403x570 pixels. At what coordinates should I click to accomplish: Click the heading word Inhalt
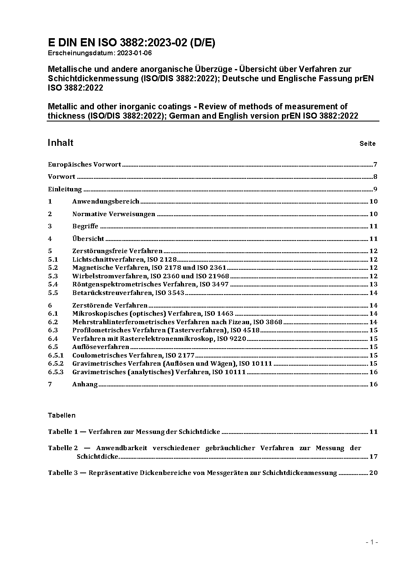61,143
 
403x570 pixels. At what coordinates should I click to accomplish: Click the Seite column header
367,144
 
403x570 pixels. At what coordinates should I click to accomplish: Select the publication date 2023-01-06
135,53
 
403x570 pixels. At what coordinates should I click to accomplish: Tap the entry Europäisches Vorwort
84,165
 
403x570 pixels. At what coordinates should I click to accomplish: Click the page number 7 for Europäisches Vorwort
376,165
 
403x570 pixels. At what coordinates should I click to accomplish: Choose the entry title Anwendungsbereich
106,202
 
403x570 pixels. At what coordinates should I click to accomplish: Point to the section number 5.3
53,276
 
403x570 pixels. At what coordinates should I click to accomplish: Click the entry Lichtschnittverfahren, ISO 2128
124,260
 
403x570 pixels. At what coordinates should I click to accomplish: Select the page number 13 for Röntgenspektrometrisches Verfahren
373,284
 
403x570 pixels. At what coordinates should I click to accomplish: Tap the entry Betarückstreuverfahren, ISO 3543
128,293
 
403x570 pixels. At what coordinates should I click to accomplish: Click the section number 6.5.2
56,364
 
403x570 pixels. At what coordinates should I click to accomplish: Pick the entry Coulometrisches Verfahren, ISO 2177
133,355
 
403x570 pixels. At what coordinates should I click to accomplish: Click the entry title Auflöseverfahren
100,347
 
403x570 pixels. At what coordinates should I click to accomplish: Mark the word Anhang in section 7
85,384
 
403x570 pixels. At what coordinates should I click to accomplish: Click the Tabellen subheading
61,415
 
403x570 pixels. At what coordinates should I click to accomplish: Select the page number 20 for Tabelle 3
373,473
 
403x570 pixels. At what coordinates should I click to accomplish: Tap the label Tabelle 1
63,432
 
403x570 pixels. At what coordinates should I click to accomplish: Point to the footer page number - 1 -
372,542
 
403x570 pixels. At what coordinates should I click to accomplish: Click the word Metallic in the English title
61,106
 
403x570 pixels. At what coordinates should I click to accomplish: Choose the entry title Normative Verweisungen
114,214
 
